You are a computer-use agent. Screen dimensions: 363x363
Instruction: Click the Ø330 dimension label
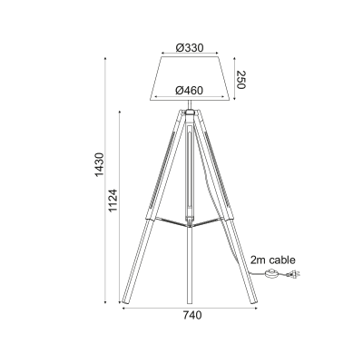click(190, 47)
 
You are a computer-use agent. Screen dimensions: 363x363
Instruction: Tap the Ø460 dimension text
click(190, 90)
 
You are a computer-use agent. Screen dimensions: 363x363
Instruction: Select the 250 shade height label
click(240, 80)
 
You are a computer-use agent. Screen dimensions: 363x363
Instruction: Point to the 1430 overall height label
click(99, 165)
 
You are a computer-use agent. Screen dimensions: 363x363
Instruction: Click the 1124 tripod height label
click(113, 201)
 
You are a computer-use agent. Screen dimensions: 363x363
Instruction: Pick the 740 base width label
click(191, 315)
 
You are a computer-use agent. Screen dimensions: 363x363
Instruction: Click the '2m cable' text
click(272, 260)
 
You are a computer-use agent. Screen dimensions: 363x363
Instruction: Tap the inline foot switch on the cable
click(270, 274)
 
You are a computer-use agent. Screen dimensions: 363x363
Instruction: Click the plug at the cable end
click(293, 275)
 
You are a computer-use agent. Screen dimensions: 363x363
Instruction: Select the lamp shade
click(190, 78)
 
